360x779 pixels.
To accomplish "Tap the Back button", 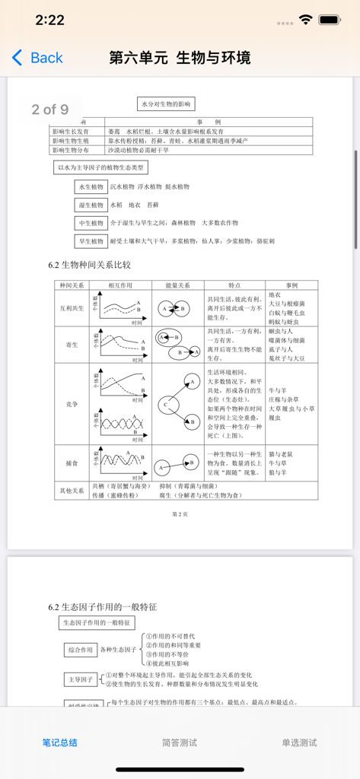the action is coord(37,58).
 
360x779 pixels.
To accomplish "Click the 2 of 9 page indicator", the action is coord(49,110).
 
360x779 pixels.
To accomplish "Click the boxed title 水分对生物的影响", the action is coord(167,103).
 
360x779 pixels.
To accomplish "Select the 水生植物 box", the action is coord(91,186).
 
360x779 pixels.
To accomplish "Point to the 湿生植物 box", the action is coord(91,205).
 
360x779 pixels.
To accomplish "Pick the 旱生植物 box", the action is coord(91,241).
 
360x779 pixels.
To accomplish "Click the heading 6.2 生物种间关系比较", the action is coord(89,265).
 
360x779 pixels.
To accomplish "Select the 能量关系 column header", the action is coord(178,285).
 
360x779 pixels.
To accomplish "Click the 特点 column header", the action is coord(234,285).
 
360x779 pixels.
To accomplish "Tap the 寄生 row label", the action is coord(72,345).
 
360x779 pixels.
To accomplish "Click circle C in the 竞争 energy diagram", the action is coord(164,405).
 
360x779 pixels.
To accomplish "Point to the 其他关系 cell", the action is coord(72,490).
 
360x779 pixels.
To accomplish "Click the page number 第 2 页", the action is coord(180,514).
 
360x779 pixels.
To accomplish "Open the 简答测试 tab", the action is coord(180,742).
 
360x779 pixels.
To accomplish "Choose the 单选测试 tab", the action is coord(299,742).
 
